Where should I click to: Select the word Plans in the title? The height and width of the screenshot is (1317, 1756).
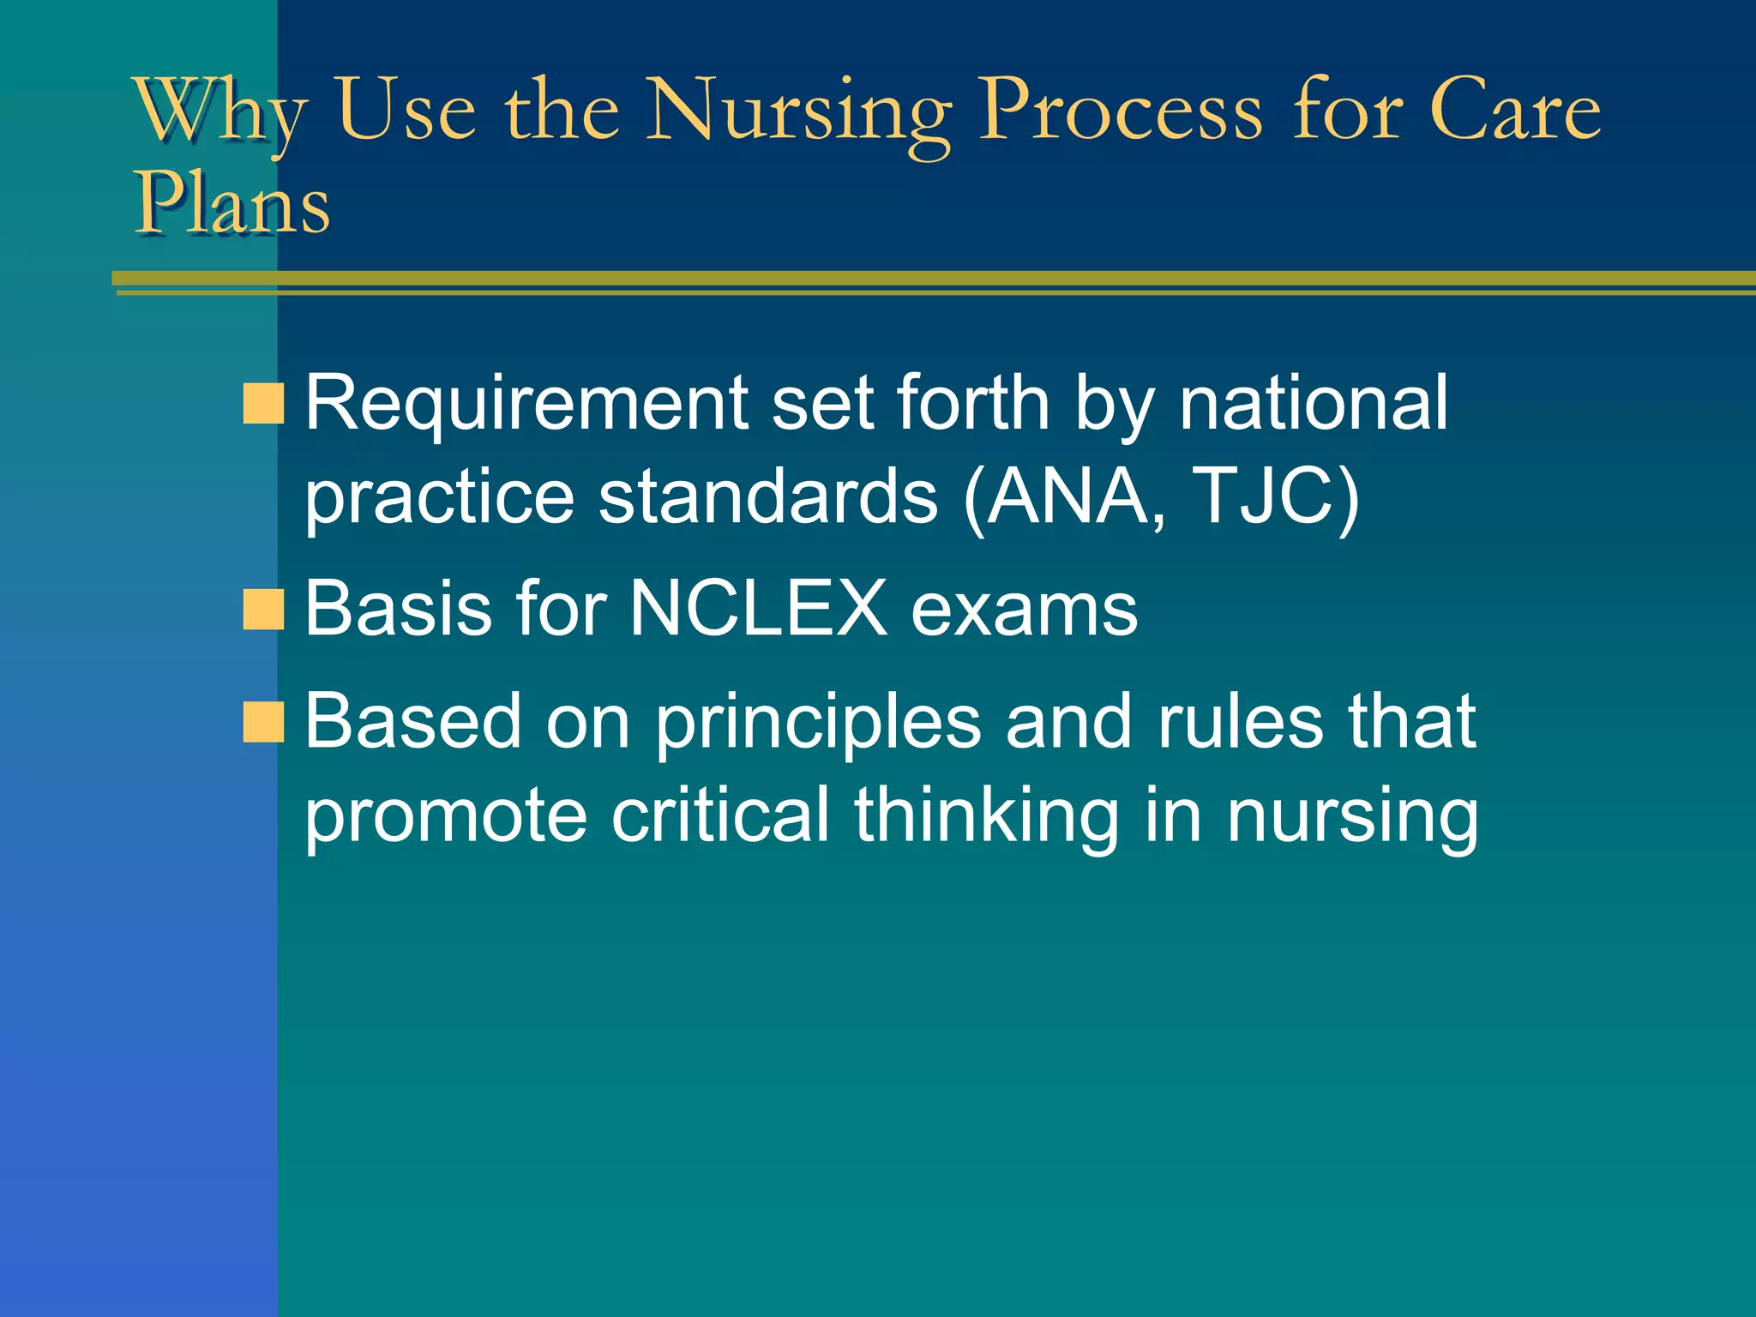pyautogui.click(x=232, y=204)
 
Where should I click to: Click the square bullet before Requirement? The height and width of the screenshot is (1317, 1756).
pyautogui.click(x=263, y=404)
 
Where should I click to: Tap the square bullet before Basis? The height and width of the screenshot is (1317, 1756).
pyautogui.click(x=263, y=610)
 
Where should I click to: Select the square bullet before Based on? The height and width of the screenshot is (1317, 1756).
pyautogui.click(x=263, y=721)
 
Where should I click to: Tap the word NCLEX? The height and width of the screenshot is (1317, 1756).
pyautogui.click(x=758, y=609)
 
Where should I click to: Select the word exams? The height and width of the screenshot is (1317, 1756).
pyautogui.click(x=1024, y=609)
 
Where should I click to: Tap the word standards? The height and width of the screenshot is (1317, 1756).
pyautogui.click(x=767, y=497)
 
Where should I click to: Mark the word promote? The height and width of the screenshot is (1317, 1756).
pyautogui.click(x=446, y=817)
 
